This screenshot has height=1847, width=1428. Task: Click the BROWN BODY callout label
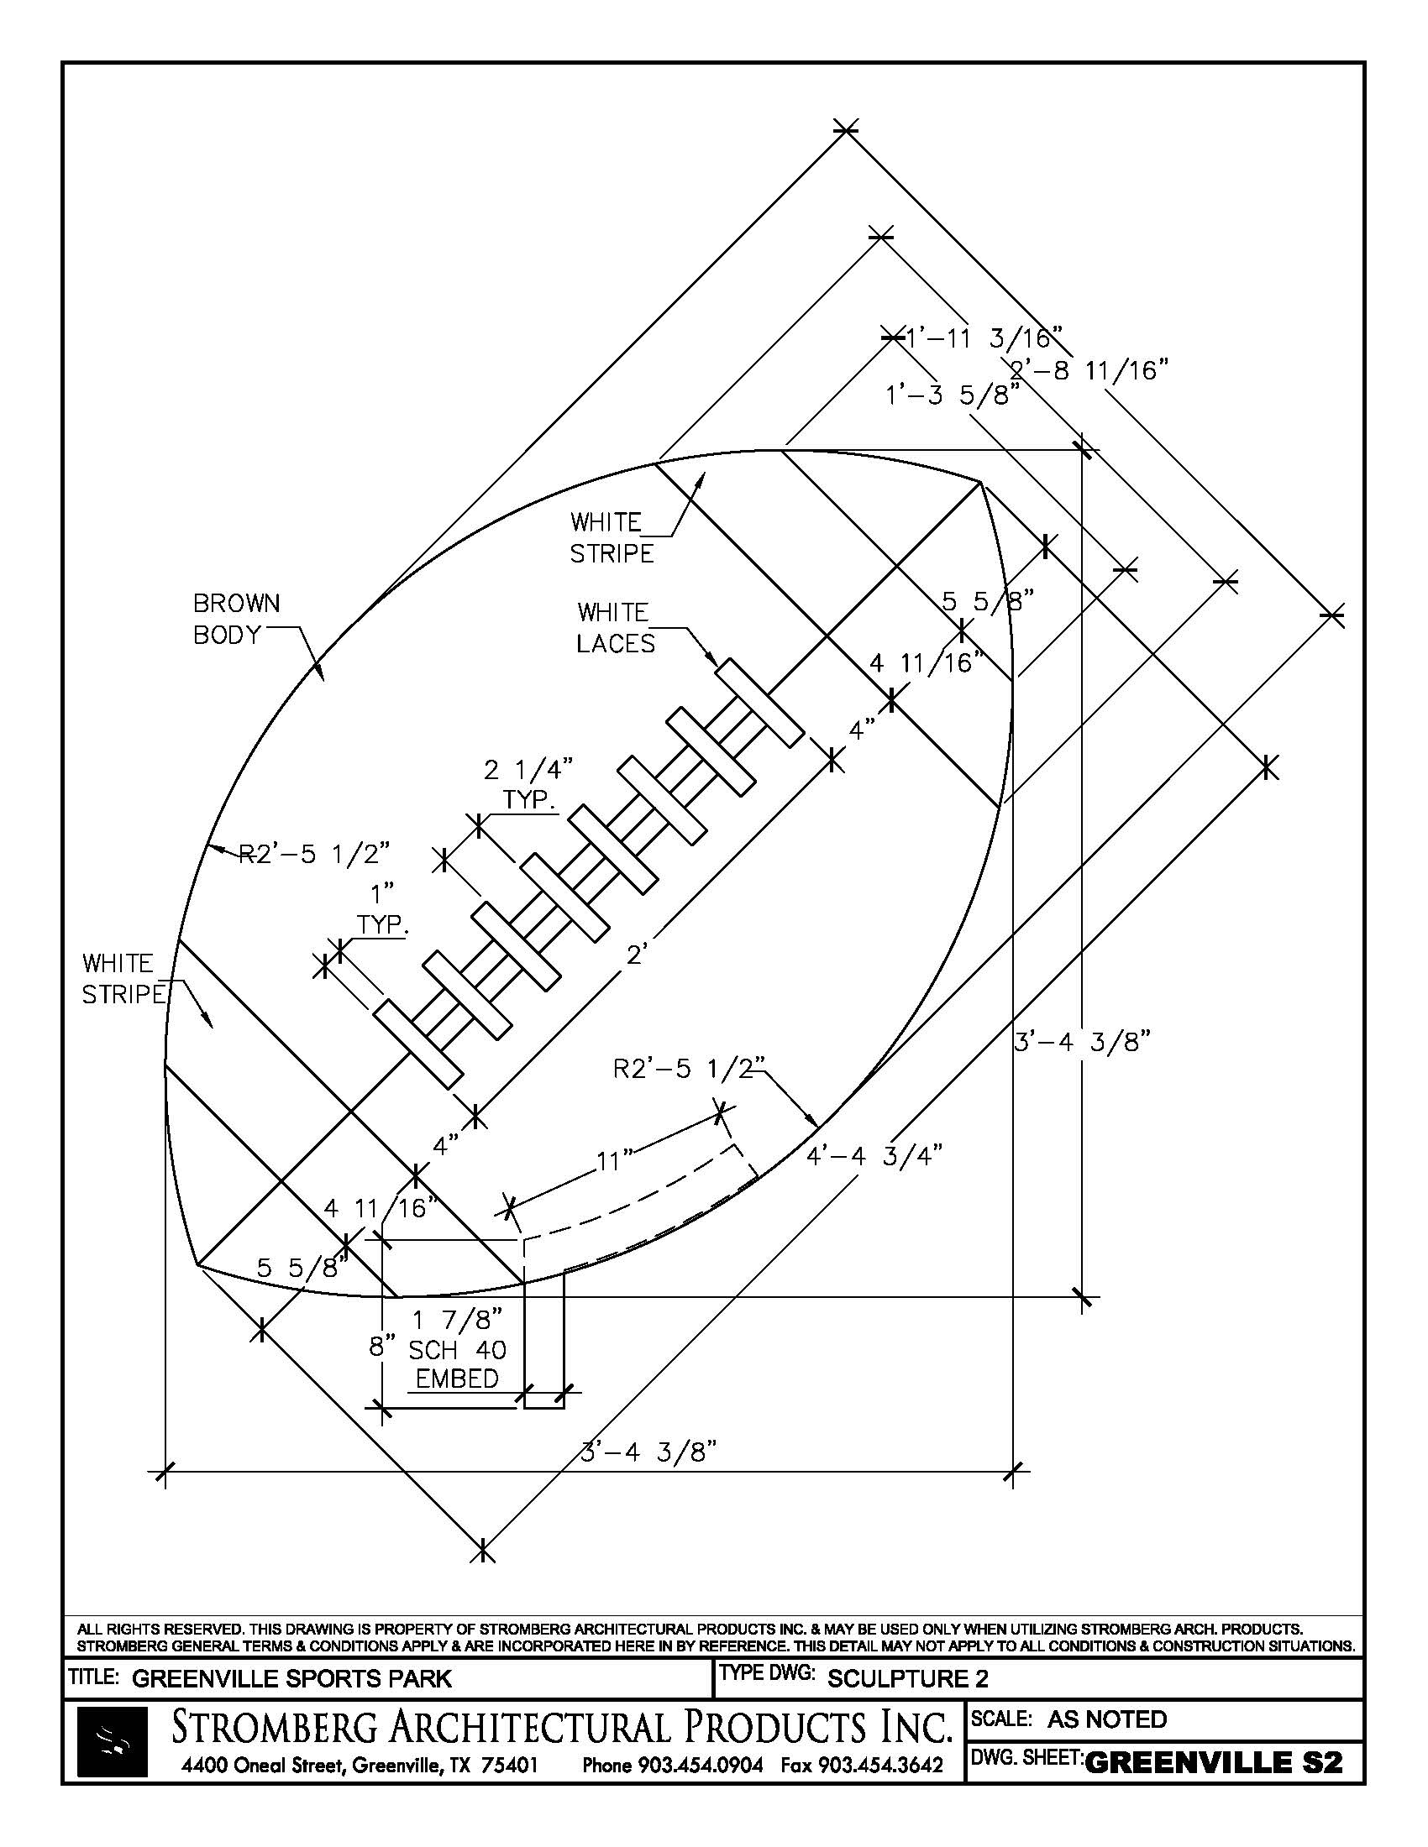(x=236, y=619)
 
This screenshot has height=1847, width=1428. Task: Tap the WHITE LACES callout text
(x=615, y=627)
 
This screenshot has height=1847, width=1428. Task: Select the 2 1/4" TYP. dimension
(x=528, y=784)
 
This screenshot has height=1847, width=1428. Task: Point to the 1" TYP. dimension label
(x=382, y=909)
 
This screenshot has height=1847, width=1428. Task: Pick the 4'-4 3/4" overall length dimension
(x=874, y=1155)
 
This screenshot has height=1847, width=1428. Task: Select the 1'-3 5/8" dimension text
(x=952, y=395)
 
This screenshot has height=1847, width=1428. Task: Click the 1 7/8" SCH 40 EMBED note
(x=457, y=1348)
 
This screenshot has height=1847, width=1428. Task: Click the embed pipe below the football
(x=543, y=1341)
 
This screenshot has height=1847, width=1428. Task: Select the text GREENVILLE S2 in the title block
(x=1213, y=1762)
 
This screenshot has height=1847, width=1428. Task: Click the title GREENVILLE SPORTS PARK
(x=291, y=1679)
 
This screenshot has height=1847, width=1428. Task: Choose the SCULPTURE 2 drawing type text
(x=908, y=1679)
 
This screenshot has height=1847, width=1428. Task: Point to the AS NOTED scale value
(x=1106, y=1719)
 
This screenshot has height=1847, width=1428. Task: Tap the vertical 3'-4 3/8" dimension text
(x=1083, y=1042)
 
